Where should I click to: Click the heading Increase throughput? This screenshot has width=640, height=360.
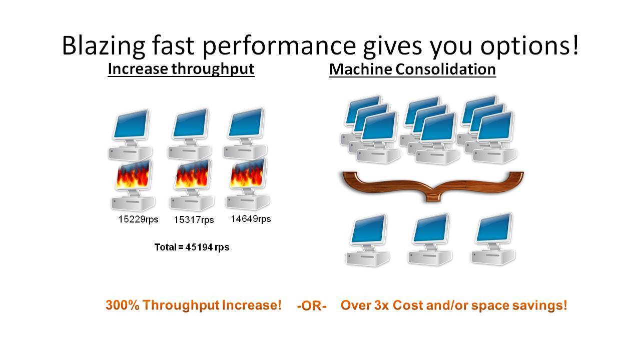[x=181, y=68]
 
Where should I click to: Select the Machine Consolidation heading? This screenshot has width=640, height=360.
[x=412, y=69]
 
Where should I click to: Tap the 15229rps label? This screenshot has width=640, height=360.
[x=138, y=219]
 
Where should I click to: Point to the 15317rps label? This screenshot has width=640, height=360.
[x=194, y=220]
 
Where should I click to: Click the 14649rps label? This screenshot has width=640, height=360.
[x=251, y=218]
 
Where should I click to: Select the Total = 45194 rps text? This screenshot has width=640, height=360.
[x=192, y=247]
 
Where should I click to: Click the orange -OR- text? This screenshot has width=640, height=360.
[x=311, y=306]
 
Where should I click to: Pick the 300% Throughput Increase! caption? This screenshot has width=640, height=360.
[x=194, y=305]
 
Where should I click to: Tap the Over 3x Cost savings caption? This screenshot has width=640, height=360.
[x=453, y=305]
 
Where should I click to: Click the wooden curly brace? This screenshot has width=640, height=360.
[x=432, y=185]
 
